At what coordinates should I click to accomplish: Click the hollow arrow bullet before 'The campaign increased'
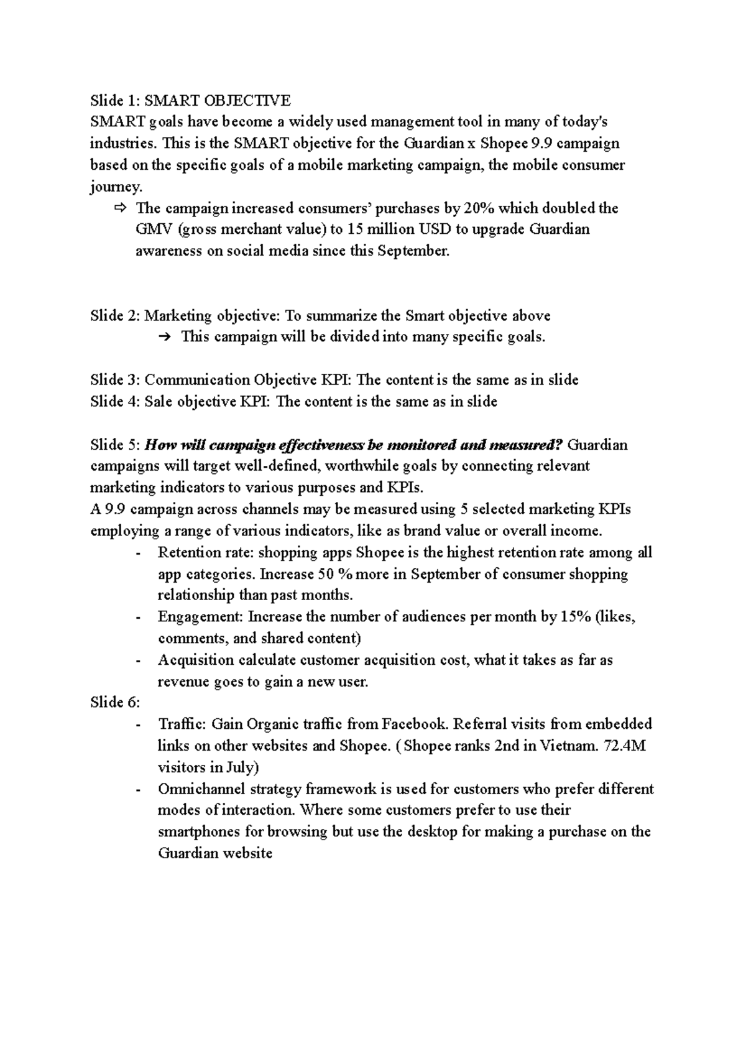(120, 208)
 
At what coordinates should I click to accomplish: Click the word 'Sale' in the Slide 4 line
(159, 402)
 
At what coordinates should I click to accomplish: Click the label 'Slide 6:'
(115, 703)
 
